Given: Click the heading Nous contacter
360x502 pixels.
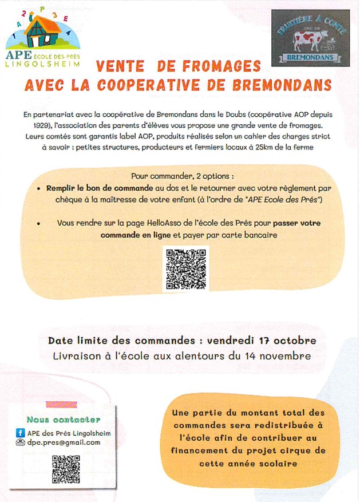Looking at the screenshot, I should [x=63, y=420].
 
